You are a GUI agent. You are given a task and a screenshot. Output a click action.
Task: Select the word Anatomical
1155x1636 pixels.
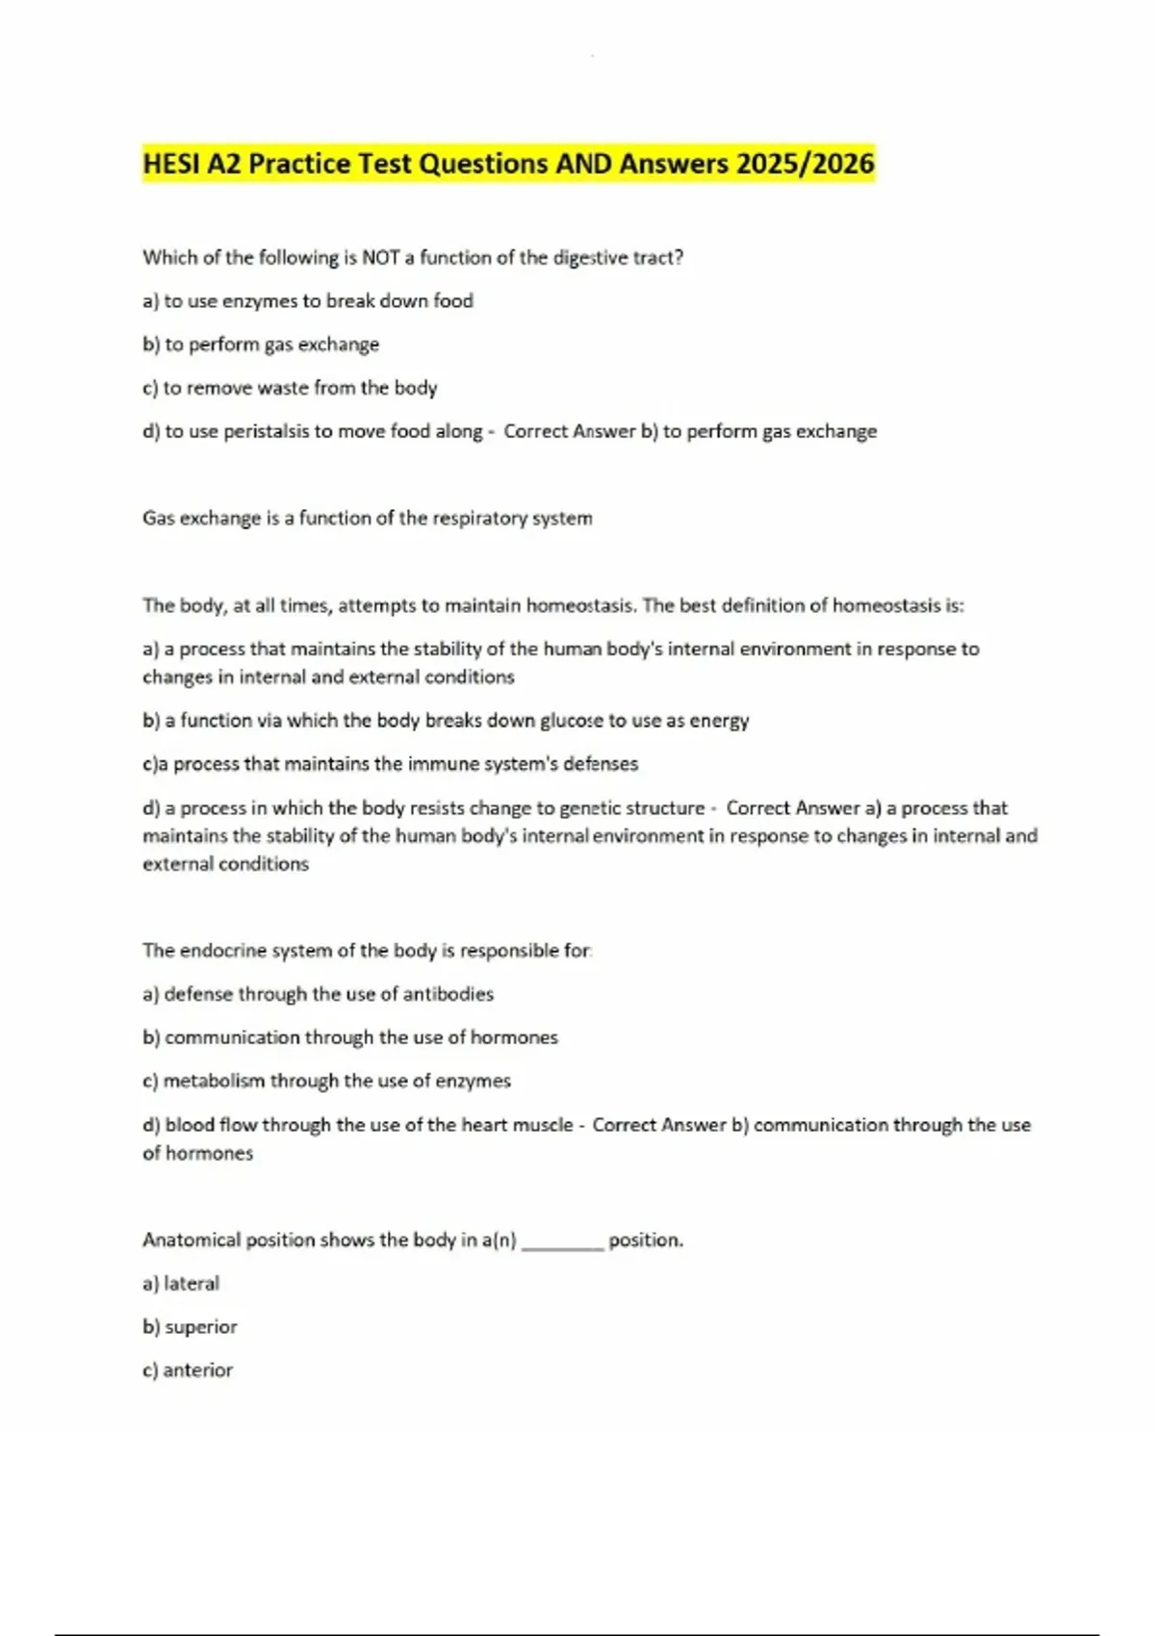(191, 1240)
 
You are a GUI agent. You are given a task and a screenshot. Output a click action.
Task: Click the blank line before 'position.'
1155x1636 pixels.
(562, 1243)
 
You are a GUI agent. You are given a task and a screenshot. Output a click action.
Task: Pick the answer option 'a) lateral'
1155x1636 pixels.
(181, 1284)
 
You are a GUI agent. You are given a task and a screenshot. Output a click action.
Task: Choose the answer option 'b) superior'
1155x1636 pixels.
(190, 1327)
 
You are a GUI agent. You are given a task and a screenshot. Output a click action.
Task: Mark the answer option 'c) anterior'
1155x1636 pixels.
(188, 1370)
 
